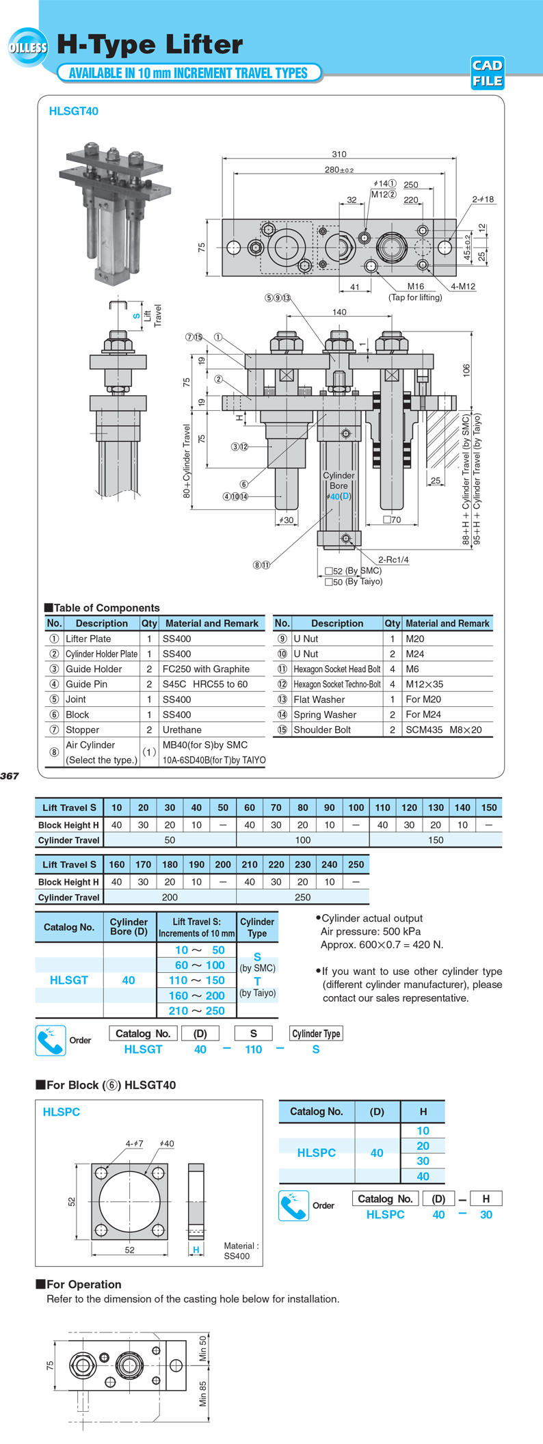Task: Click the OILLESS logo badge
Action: click(28, 47)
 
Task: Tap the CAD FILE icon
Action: click(488, 73)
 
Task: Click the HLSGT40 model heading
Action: click(73, 111)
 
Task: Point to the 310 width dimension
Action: click(339, 154)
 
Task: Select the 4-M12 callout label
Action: click(463, 286)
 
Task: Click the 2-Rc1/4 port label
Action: click(393, 559)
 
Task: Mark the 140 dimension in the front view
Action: click(339, 312)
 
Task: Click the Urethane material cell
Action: click(182, 730)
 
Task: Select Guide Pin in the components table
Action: click(87, 684)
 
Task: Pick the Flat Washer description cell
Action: click(319, 699)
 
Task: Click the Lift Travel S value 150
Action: click(488, 807)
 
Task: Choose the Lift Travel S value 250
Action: click(356, 864)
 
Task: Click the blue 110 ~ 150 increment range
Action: click(197, 980)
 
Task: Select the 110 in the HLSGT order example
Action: click(253, 1049)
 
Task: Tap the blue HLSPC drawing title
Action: click(62, 1112)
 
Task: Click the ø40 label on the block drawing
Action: click(166, 1143)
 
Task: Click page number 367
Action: click(10, 776)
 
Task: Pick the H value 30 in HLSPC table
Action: click(423, 1161)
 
